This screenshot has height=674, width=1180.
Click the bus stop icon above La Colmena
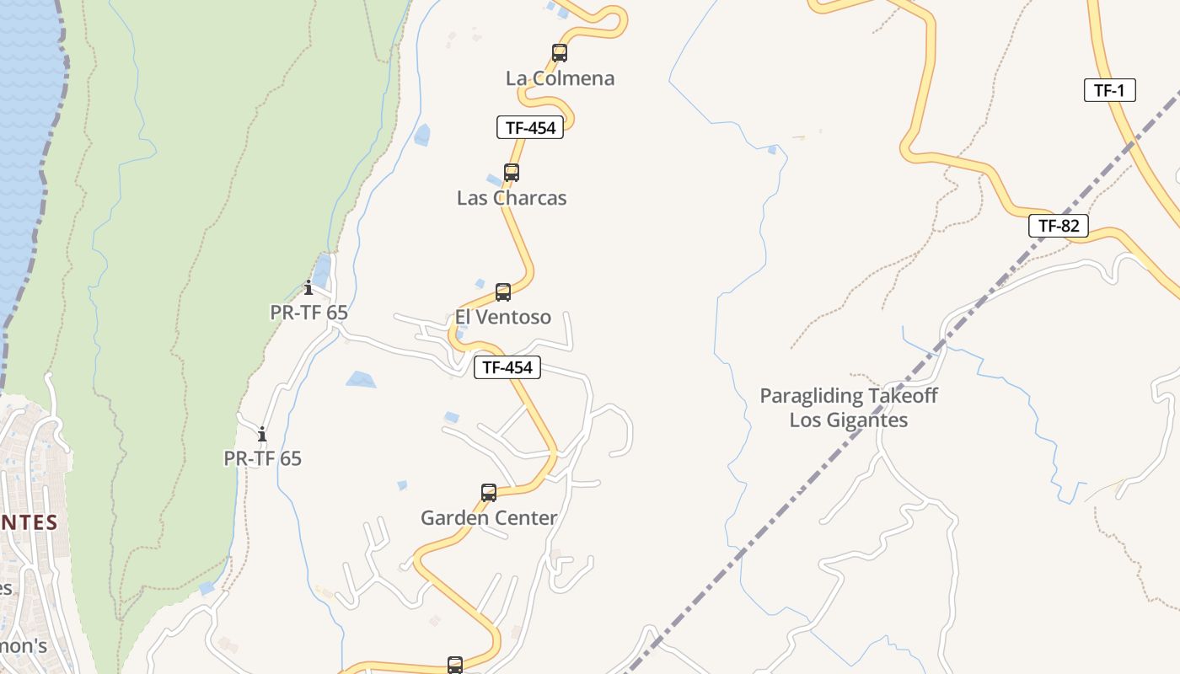(x=559, y=53)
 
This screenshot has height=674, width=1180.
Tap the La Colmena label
(x=560, y=78)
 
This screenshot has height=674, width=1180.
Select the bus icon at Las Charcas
(x=511, y=173)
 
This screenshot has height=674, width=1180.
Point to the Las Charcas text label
(x=512, y=198)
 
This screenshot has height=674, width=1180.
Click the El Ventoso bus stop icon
(x=503, y=292)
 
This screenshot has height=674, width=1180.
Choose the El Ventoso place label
(x=503, y=318)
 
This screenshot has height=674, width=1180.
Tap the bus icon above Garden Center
(x=489, y=493)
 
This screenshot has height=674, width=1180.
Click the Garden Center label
(x=489, y=518)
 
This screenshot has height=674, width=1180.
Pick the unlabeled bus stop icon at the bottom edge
(x=455, y=666)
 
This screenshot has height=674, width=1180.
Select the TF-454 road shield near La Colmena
(x=529, y=128)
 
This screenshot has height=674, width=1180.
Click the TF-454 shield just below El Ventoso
(x=507, y=367)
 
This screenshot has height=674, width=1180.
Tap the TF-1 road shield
(x=1109, y=91)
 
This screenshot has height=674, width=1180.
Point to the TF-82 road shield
(x=1059, y=226)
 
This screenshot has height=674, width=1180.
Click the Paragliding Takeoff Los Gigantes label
(x=849, y=408)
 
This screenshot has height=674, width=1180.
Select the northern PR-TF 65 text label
(x=308, y=313)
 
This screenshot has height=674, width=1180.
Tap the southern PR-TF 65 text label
(x=262, y=459)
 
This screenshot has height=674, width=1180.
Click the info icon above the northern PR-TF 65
(x=308, y=287)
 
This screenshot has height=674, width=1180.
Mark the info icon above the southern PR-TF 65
(x=262, y=434)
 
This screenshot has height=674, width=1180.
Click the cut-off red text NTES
(x=29, y=522)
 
